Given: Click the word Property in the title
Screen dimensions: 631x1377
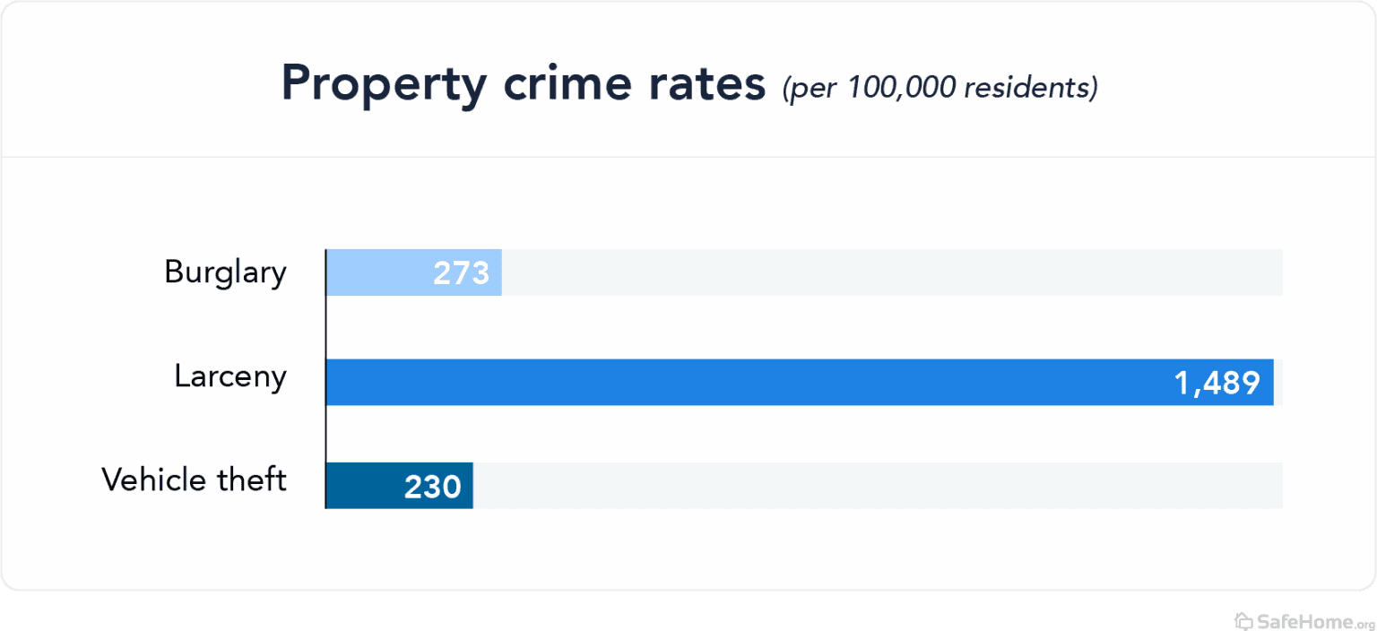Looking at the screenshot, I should [x=384, y=85].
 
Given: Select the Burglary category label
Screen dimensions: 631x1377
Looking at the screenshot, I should [x=225, y=272].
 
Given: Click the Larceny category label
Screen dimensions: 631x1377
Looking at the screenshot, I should [x=230, y=377].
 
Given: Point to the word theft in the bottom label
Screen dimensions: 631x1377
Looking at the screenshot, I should [x=252, y=480].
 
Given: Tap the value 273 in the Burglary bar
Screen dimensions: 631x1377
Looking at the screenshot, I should [x=461, y=273].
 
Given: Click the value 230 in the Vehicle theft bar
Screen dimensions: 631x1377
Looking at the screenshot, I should [x=432, y=487].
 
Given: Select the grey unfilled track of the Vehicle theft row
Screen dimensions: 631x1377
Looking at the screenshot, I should [x=879, y=486].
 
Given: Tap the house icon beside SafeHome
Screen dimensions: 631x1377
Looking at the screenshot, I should [x=1243, y=620].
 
